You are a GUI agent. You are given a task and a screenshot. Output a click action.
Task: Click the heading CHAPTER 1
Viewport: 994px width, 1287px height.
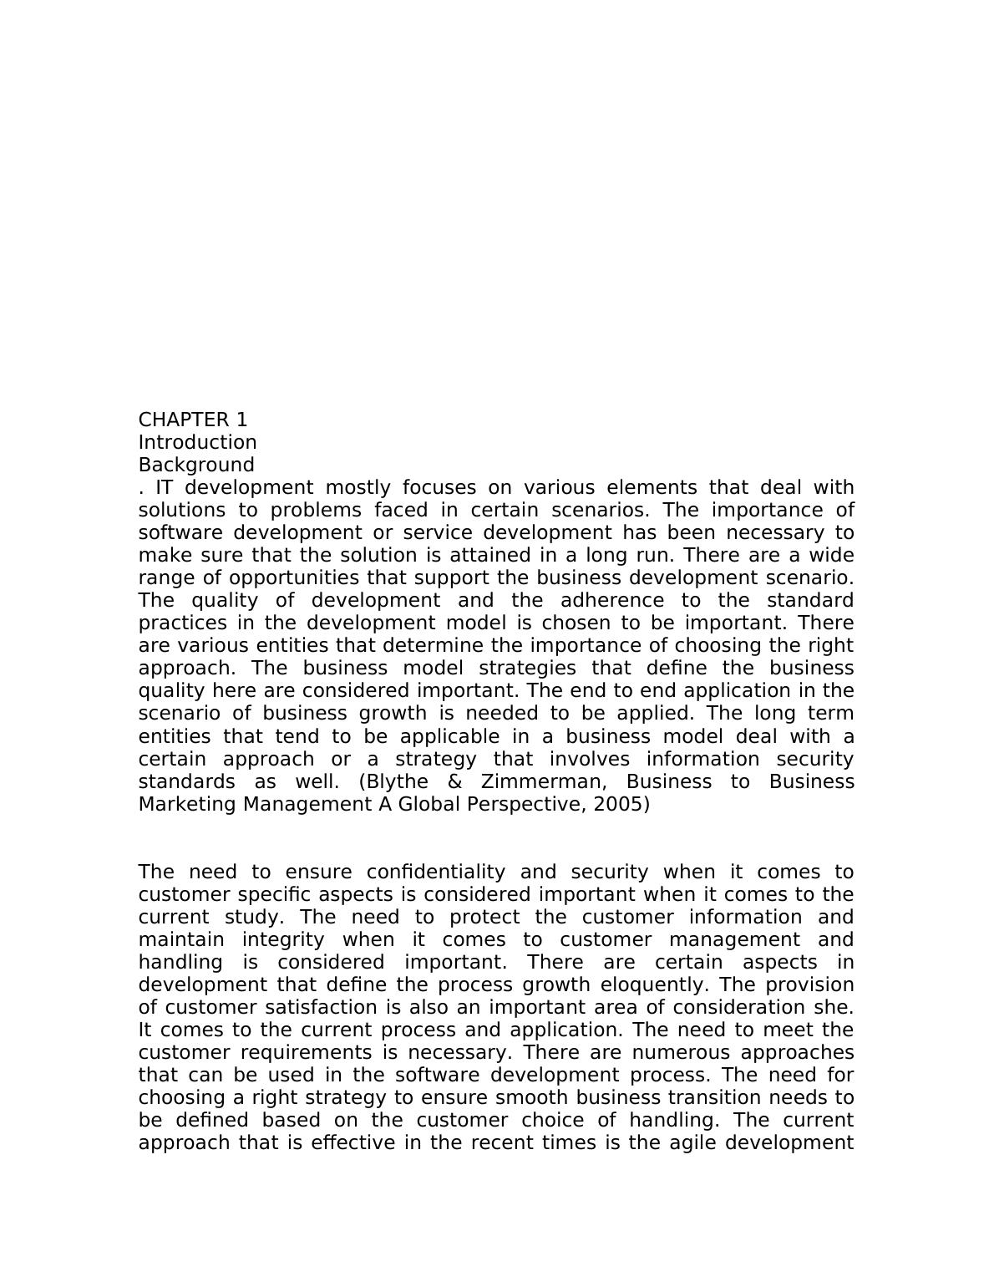[193, 420]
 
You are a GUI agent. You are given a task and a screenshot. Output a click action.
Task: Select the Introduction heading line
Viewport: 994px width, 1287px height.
[197, 442]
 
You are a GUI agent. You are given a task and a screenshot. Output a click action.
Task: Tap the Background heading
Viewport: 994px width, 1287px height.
[196, 465]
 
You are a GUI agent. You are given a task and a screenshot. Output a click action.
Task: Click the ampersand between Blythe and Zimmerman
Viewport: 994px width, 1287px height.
[456, 781]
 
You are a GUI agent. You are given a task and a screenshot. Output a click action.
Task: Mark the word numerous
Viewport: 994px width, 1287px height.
[681, 1052]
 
